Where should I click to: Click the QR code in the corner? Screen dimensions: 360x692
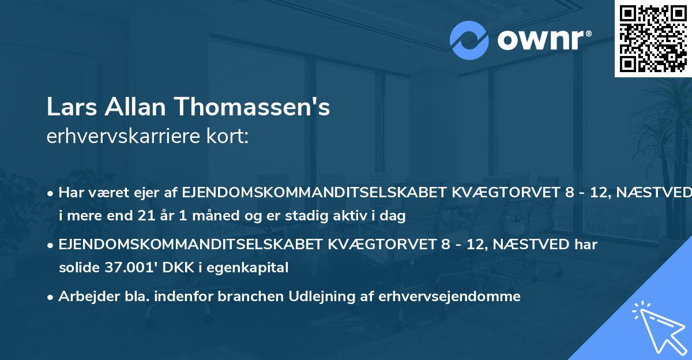(x=652, y=39)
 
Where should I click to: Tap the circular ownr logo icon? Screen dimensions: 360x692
(x=469, y=40)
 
